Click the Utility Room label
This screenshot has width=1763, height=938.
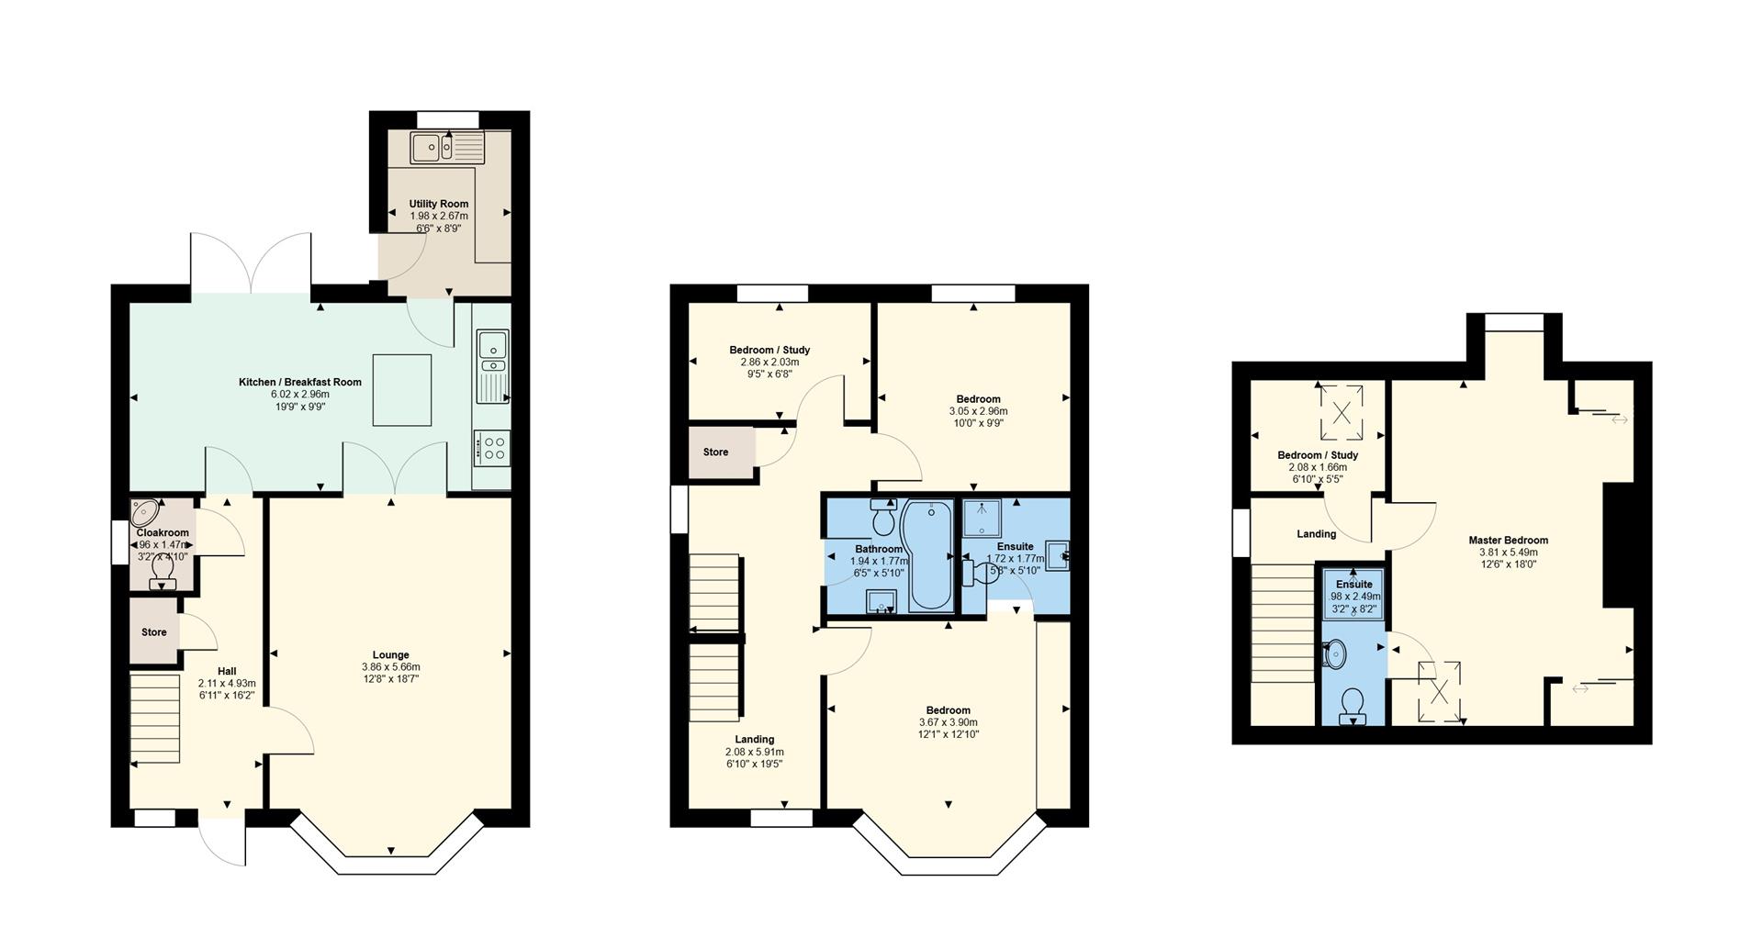pyautogui.click(x=439, y=204)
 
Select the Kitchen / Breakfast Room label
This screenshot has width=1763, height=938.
pyautogui.click(x=300, y=382)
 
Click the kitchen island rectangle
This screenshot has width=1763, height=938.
pyautogui.click(x=402, y=390)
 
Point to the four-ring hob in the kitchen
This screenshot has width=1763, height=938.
pyautogui.click(x=491, y=447)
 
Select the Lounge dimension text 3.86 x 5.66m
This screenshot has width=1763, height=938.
pyautogui.click(x=391, y=667)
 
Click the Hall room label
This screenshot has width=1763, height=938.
pyautogui.click(x=227, y=671)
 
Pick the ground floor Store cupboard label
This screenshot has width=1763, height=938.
pyautogui.click(x=154, y=632)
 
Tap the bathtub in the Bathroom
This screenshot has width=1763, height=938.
pyautogui.click(x=929, y=556)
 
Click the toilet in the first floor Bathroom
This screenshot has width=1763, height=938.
pyautogui.click(x=883, y=518)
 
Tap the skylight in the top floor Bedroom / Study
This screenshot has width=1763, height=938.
pyautogui.click(x=1341, y=412)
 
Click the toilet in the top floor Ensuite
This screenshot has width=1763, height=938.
pyautogui.click(x=1351, y=707)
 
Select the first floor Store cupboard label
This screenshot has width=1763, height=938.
pyautogui.click(x=716, y=452)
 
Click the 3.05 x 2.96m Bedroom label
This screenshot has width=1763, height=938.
pyautogui.click(x=978, y=399)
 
